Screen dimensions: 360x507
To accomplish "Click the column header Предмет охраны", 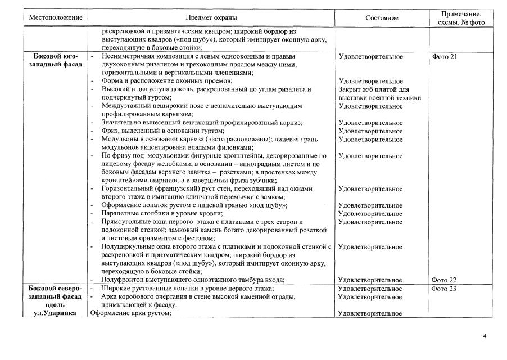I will pyautogui.click(x=211, y=18).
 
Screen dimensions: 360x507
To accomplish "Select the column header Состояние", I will pyautogui.click(x=381, y=18).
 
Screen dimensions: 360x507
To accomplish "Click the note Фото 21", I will pyautogui.click(x=445, y=57).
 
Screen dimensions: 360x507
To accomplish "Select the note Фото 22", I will pyautogui.click(x=445, y=280).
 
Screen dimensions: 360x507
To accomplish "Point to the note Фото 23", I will pyautogui.click(x=445, y=289).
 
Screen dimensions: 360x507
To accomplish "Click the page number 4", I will pyautogui.click(x=485, y=336).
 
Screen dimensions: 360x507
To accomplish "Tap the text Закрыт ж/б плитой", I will pyautogui.click(x=374, y=89).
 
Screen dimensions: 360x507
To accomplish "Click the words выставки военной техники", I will pyautogui.click(x=380, y=98).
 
